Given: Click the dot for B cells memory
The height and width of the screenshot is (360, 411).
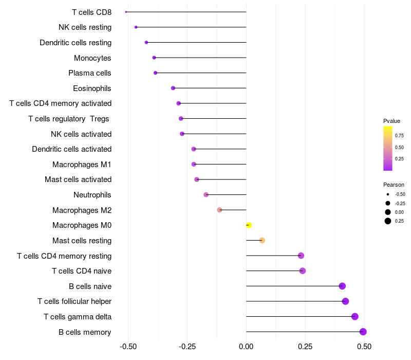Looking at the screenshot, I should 363,332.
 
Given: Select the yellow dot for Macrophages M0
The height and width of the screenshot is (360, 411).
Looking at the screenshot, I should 249,225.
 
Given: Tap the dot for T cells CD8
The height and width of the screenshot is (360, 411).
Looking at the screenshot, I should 126,12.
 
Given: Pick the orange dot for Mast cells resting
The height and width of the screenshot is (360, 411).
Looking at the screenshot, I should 262,240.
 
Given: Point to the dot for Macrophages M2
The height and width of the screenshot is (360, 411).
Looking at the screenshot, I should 219,210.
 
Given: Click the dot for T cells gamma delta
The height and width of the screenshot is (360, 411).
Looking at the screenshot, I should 354,317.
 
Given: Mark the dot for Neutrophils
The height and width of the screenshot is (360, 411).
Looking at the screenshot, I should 206,195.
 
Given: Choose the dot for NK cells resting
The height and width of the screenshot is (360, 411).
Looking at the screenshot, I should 136,27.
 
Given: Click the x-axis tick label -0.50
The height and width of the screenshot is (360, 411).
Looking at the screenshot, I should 128,347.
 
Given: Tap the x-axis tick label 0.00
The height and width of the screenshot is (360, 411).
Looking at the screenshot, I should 246,347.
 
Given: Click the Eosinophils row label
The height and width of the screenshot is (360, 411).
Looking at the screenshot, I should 92,88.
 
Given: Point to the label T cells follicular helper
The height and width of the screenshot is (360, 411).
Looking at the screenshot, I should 74,301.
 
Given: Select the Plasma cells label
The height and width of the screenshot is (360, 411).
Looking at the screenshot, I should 90,73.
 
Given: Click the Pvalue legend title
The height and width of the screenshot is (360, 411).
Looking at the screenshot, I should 391,121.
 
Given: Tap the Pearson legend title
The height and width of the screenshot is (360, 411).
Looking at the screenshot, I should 394,185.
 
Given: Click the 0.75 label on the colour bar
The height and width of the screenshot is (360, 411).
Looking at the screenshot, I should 399,136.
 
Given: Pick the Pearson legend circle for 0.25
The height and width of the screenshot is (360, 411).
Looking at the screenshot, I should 388,221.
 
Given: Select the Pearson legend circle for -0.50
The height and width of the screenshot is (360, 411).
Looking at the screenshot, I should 388,194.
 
